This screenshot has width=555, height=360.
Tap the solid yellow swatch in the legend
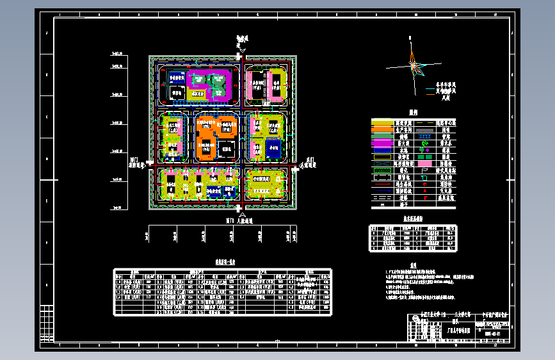tap(383, 122)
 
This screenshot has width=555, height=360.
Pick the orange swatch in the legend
tap(383, 129)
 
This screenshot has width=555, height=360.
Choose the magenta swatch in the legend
tap(383, 143)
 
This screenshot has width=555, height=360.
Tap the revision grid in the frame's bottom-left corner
tap(47, 327)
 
